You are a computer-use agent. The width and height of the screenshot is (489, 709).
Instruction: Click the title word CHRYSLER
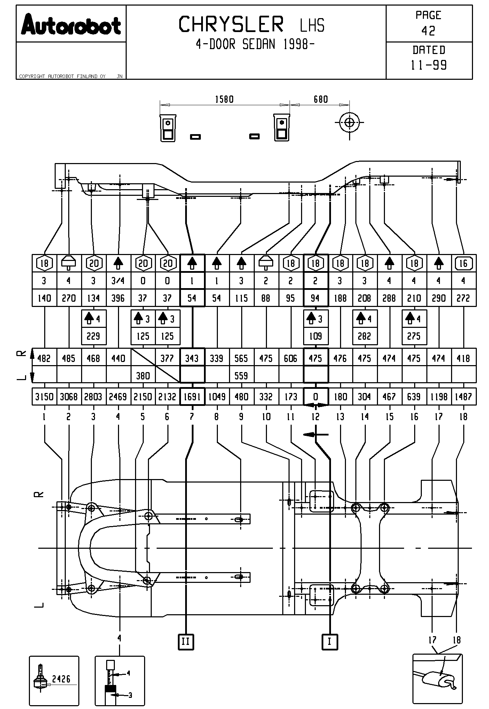(x=231, y=25)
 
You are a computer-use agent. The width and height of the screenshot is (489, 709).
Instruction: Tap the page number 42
(x=428, y=31)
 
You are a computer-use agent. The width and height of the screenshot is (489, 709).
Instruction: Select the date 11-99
(x=429, y=65)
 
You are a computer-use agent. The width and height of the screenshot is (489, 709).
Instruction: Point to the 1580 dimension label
(x=224, y=100)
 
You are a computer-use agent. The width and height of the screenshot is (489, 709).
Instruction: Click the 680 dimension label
(x=321, y=100)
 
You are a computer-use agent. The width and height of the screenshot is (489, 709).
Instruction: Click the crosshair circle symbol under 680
(x=350, y=123)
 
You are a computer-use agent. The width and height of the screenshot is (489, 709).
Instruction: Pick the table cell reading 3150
(x=44, y=397)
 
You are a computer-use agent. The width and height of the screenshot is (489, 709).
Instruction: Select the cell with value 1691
(x=192, y=397)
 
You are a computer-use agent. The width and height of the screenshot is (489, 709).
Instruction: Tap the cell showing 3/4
(x=118, y=281)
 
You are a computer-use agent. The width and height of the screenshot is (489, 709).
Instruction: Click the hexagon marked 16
(x=463, y=264)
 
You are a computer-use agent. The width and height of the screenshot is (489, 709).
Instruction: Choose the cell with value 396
(x=118, y=298)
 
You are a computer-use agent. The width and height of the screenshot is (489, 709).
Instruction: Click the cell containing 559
(x=241, y=376)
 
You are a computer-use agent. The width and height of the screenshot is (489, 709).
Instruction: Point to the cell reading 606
(x=291, y=358)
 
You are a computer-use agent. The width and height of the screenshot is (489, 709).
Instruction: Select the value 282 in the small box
(x=365, y=337)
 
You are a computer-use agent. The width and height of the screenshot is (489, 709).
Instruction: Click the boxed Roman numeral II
(x=186, y=641)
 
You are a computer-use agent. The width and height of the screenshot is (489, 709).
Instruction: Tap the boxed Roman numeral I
(x=329, y=641)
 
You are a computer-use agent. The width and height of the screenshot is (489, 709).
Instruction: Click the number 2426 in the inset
(x=61, y=679)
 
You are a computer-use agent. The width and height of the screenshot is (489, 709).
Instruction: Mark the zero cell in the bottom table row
(x=315, y=397)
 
